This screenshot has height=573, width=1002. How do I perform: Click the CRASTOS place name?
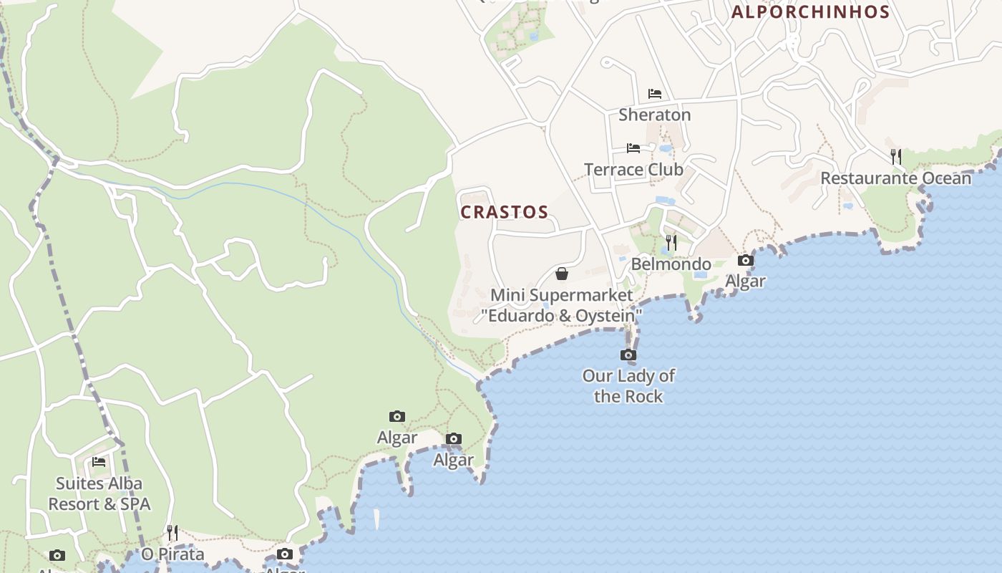click(505, 212)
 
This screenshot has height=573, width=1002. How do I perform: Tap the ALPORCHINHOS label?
click(810, 12)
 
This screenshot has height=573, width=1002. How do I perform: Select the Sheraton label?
click(654, 115)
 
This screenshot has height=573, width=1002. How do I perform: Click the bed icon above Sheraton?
click(654, 94)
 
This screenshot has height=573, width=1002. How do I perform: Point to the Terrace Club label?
click(633, 170)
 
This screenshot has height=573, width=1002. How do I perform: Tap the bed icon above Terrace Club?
click(633, 148)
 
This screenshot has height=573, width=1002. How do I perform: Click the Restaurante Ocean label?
click(895, 178)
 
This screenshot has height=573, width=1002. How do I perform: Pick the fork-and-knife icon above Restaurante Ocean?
click(895, 156)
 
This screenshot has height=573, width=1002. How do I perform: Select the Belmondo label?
click(671, 264)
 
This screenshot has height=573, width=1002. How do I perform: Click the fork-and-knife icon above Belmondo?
click(671, 243)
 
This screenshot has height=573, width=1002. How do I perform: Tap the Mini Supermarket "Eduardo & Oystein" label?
click(562, 305)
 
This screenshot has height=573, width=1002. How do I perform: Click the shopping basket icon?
click(562, 274)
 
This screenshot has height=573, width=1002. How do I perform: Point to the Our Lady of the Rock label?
click(628, 386)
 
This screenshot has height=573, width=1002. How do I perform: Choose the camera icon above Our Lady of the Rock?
click(628, 355)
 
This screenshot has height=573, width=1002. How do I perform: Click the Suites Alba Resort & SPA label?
click(99, 493)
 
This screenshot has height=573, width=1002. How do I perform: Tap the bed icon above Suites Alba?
click(99, 462)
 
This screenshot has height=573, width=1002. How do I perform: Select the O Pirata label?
click(172, 554)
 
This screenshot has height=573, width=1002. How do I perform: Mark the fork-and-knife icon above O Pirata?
click(172, 532)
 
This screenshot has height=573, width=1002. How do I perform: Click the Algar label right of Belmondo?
click(746, 281)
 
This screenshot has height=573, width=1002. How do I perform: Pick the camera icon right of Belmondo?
click(746, 260)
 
